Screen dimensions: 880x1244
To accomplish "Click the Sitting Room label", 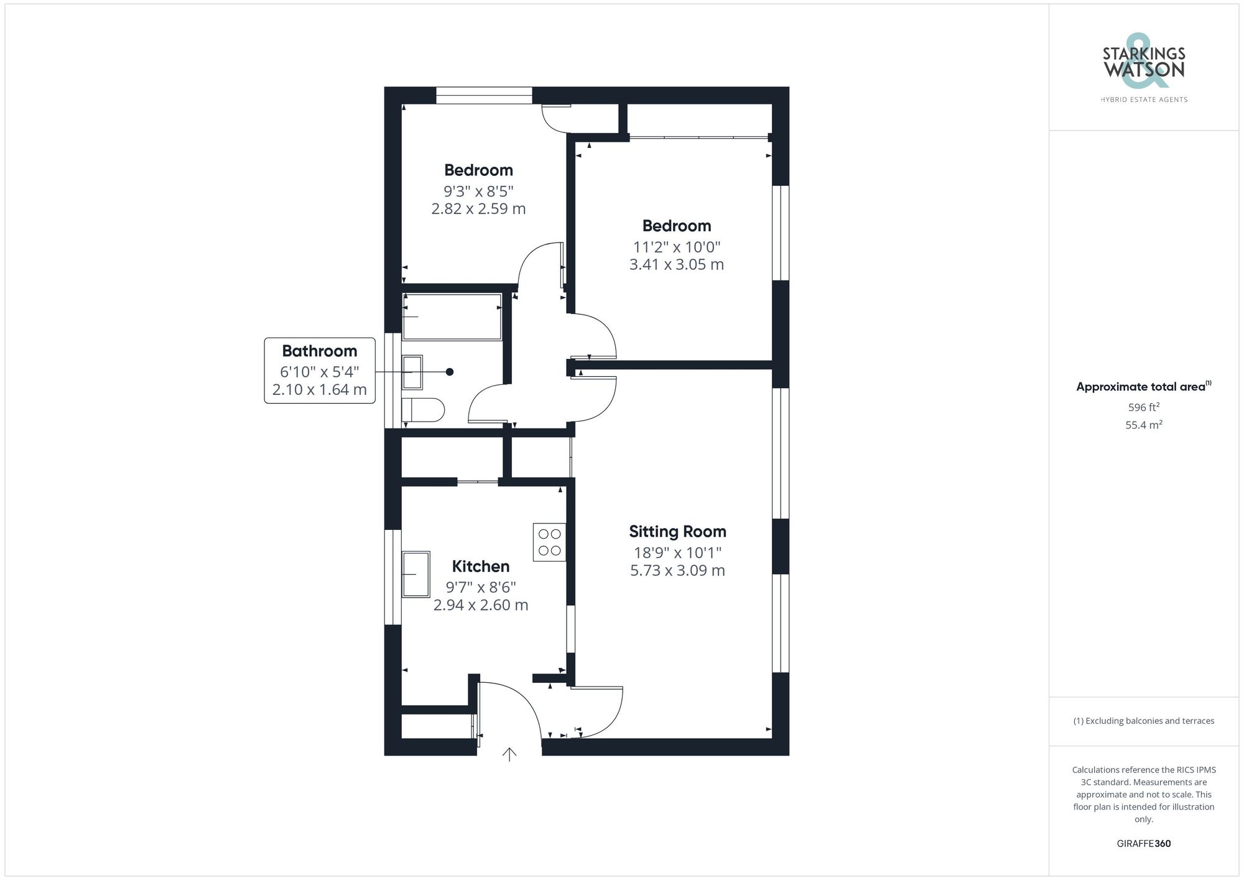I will (677, 532).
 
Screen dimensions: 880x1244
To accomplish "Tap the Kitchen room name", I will (480, 567).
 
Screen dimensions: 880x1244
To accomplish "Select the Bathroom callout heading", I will (319, 351).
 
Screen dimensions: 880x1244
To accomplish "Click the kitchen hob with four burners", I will (549, 542).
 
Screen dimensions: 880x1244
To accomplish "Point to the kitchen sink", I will (416, 574).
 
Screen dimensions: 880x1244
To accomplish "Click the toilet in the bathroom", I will (423, 410).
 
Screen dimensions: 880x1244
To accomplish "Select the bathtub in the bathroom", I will (452, 317).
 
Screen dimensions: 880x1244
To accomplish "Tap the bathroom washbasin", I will (412, 372).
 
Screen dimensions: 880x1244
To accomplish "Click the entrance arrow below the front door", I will (509, 754).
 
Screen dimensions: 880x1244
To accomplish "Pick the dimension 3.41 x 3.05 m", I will (676, 265).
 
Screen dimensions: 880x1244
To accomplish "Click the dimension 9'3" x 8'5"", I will (478, 191).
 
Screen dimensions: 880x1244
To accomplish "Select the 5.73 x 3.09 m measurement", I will (677, 571).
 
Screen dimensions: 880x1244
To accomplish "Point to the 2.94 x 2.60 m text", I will (480, 605).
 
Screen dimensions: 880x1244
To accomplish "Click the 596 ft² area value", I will (1143, 408).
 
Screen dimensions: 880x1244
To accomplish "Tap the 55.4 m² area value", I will (1143, 425).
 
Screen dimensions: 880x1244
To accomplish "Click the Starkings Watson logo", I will (1144, 64).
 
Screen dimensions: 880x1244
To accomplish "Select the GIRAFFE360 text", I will (1143, 844).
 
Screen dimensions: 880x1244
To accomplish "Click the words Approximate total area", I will (1141, 387).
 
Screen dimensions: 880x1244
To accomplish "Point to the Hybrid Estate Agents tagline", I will (1144, 100).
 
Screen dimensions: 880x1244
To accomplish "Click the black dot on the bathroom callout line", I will (450, 372).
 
